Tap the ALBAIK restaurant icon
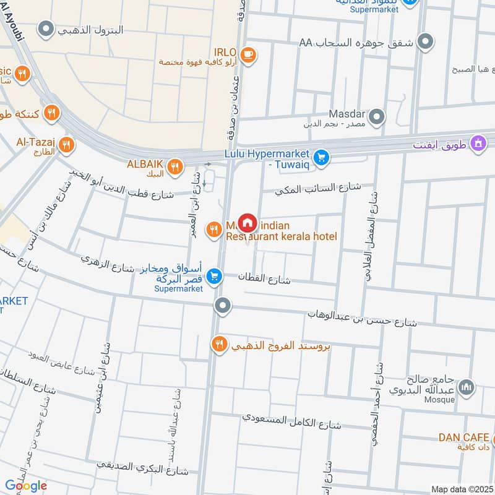[175, 166]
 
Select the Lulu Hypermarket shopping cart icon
[320, 158]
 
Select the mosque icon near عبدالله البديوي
[468, 388]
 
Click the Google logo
[26, 486]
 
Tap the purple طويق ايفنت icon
[477, 145]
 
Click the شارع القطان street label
[264, 278]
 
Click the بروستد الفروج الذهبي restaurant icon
[219, 344]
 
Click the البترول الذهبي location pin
[45, 28]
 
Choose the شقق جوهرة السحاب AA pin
[425, 42]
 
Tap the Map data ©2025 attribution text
[462, 489]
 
